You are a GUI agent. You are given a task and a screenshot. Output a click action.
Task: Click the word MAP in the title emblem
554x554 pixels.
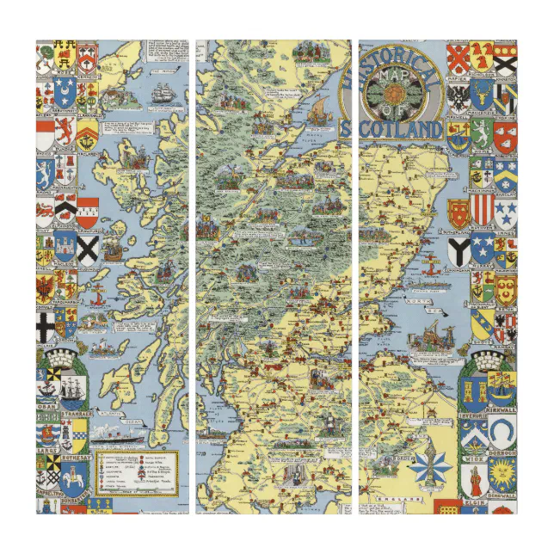[393, 77]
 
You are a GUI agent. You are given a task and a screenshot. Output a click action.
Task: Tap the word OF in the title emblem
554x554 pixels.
[393, 108]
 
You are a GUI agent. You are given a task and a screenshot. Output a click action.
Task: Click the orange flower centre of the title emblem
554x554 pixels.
[393, 92]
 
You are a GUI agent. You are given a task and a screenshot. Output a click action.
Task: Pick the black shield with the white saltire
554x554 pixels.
[89, 249]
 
